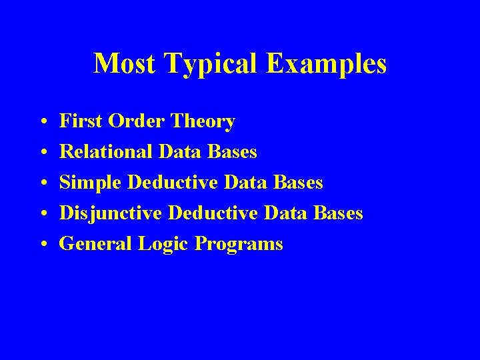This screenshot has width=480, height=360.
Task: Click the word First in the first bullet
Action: pos(77,122)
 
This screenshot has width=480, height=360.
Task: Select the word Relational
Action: pos(107,153)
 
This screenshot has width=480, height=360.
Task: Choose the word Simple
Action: pos(91,183)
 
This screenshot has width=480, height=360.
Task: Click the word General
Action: pos(96,244)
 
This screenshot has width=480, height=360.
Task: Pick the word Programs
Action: pos(239,245)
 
